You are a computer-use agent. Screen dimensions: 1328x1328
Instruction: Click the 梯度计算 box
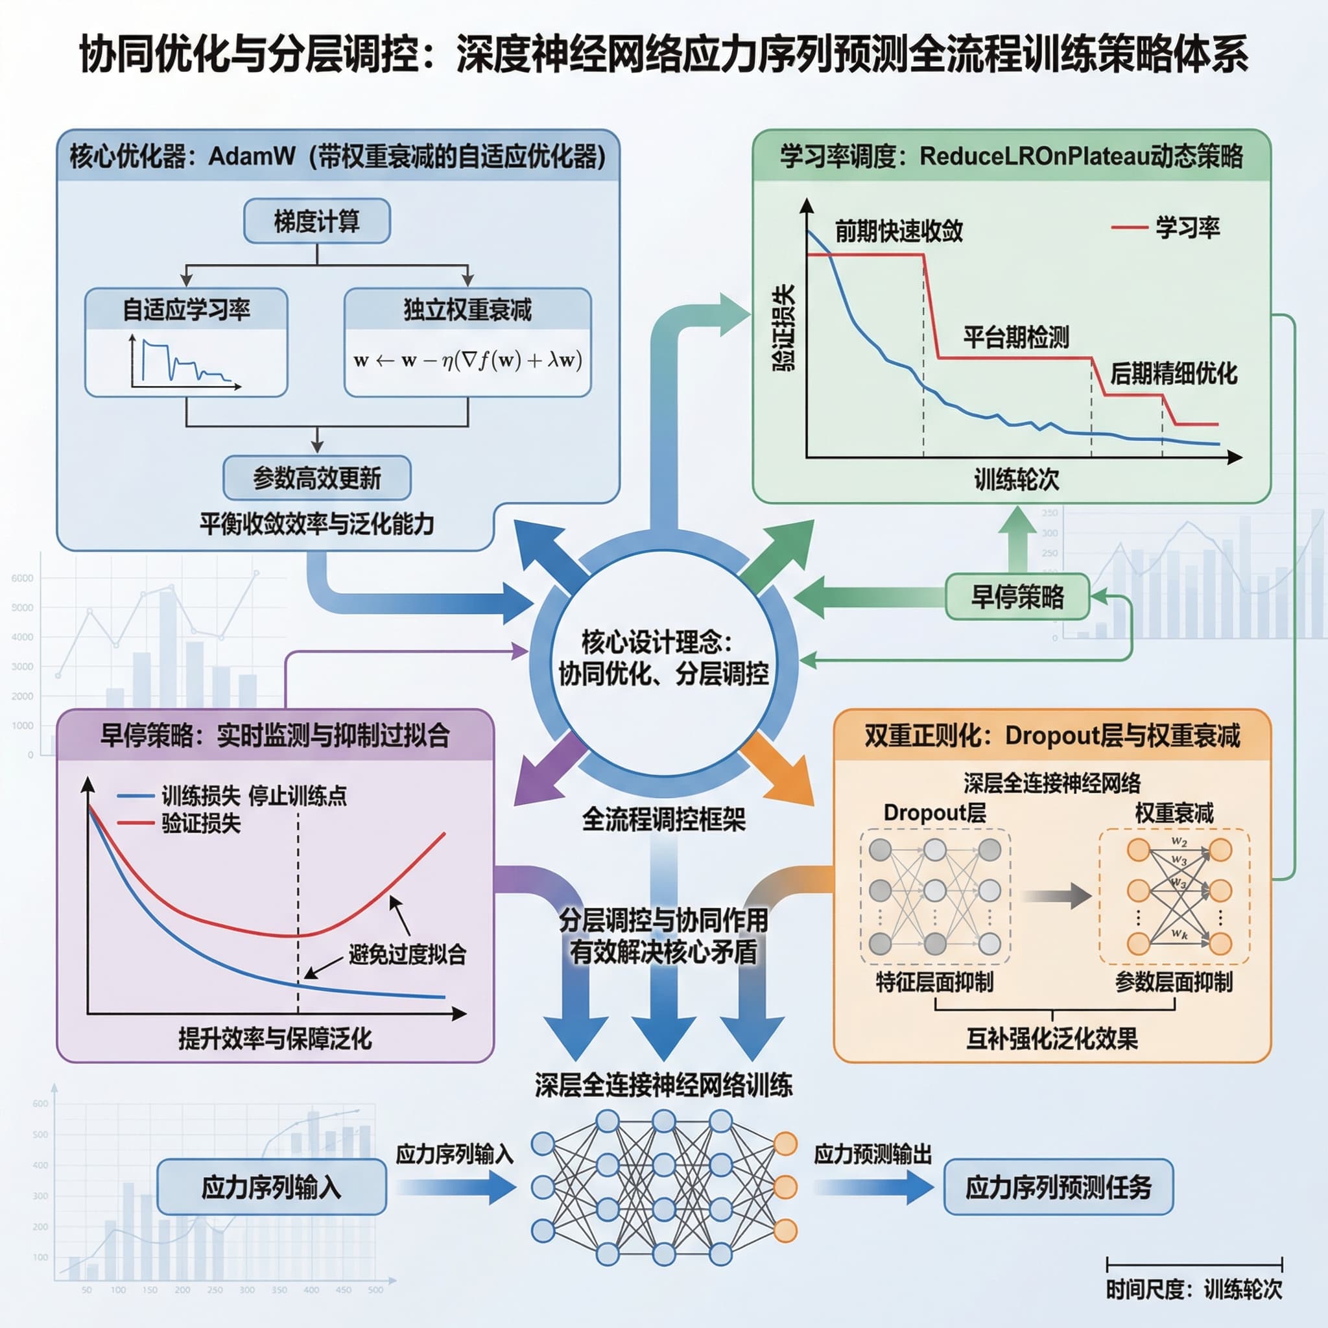(317, 221)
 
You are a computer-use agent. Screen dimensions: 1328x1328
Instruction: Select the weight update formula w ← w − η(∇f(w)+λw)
(468, 360)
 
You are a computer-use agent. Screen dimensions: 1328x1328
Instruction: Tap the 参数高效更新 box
(317, 478)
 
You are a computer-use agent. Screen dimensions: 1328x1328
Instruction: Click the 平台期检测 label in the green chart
(1015, 337)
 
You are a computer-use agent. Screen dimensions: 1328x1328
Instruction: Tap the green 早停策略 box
(1017, 597)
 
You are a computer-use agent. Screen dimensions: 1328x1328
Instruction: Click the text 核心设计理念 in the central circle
(656, 642)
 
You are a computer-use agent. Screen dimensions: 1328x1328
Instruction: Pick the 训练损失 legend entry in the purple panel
(180, 796)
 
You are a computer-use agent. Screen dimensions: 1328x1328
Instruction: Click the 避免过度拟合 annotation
(407, 954)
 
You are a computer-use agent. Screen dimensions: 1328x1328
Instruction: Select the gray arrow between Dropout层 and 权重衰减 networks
(1056, 895)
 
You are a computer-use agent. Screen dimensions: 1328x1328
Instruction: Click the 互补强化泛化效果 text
(1052, 1038)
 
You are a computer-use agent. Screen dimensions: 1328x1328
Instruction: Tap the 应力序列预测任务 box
(1058, 1187)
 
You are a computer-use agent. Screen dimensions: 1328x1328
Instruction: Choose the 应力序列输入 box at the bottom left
(272, 1187)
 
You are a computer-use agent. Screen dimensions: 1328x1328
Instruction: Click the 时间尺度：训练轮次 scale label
(1194, 1289)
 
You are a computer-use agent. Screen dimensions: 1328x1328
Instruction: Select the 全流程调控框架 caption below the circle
(663, 820)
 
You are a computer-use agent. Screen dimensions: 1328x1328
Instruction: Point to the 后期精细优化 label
(1173, 373)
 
